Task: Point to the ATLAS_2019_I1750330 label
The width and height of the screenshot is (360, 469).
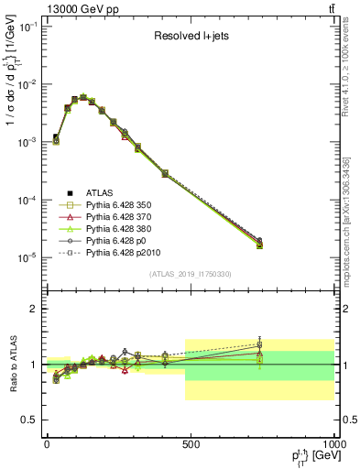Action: pos(191,274)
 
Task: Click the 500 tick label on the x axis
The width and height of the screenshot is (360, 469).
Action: pos(191,443)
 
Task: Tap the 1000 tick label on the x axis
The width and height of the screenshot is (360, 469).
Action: pos(333,443)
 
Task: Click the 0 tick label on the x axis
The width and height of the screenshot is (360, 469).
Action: pos(47,443)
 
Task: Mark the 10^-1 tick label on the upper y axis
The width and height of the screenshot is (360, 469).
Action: pos(26,27)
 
